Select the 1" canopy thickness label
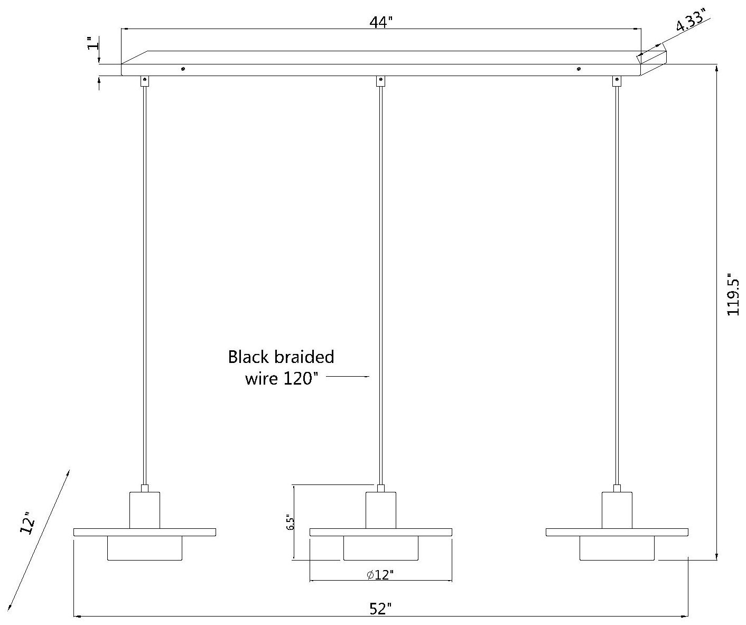(x=93, y=43)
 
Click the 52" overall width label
(x=380, y=609)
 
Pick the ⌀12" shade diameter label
(x=380, y=574)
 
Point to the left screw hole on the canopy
(x=183, y=69)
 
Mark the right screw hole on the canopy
(x=579, y=69)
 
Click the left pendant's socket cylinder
(x=144, y=510)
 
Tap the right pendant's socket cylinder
(x=617, y=510)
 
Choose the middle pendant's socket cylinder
(x=380, y=510)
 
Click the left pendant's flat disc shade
(x=144, y=532)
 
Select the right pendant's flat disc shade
(x=617, y=532)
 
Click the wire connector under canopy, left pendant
(x=144, y=81)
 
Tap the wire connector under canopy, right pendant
(x=616, y=81)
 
